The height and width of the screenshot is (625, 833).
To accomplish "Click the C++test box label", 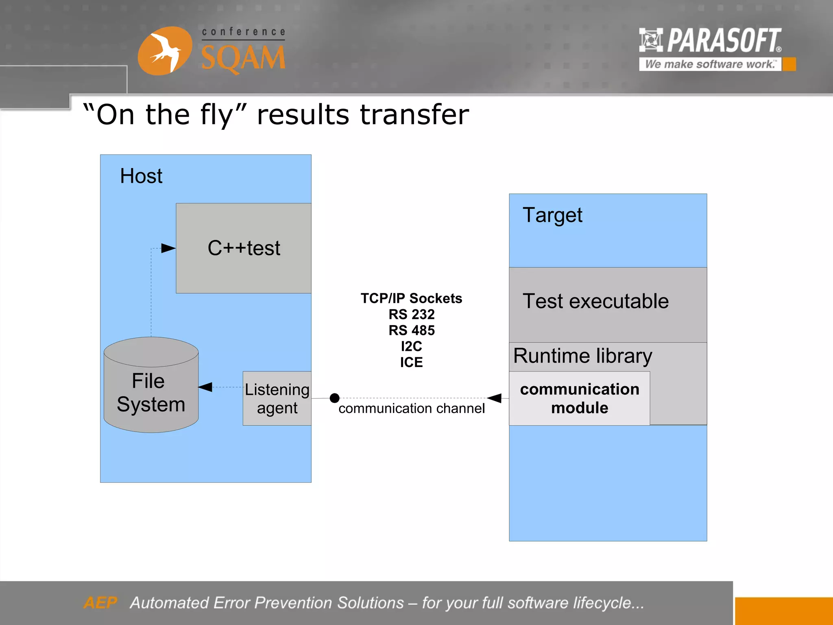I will tap(244, 248).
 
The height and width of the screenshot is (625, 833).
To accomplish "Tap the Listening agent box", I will tap(277, 398).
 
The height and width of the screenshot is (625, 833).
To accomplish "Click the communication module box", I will tap(579, 398).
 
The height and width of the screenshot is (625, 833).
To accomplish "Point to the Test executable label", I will tap(595, 302).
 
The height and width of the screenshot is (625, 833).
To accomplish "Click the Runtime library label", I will tap(582, 356).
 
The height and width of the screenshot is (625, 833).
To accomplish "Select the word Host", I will tap(141, 176).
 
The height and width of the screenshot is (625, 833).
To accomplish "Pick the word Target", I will tap(552, 215).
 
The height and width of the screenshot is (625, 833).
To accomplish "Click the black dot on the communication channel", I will tap(334, 398).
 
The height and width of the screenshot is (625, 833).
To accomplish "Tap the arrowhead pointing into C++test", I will tap(168, 248).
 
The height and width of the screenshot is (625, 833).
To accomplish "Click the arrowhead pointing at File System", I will tap(205, 387).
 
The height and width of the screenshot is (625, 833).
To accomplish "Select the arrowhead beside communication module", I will tap(495, 398).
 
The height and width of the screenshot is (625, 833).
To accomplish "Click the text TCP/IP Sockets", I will tap(411, 298).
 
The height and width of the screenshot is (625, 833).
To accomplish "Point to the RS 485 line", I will tap(411, 330).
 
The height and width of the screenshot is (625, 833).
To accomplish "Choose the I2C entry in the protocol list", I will tap(411, 346).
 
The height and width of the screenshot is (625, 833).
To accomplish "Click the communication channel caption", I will tap(411, 408).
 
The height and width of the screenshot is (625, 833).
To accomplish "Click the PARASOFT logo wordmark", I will tap(724, 40).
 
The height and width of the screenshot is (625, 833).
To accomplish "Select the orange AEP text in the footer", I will tap(100, 603).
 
